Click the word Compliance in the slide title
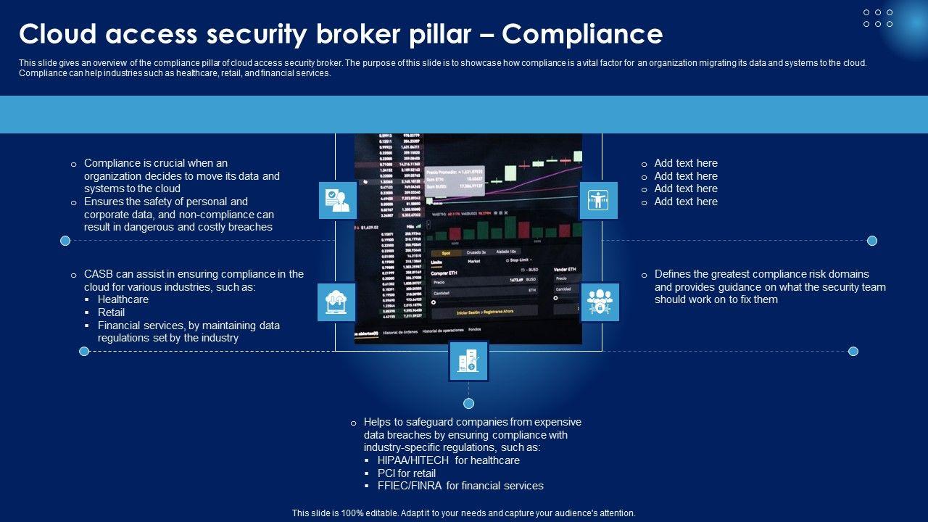581,34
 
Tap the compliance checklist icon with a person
338,200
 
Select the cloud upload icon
336,302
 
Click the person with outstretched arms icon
598,200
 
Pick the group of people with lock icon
600,302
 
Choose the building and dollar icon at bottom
468,361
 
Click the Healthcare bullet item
123,299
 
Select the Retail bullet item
111,312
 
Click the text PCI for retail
407,473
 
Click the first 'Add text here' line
686,163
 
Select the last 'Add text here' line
686,202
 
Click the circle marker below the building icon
468,403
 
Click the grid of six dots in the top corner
878,18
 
